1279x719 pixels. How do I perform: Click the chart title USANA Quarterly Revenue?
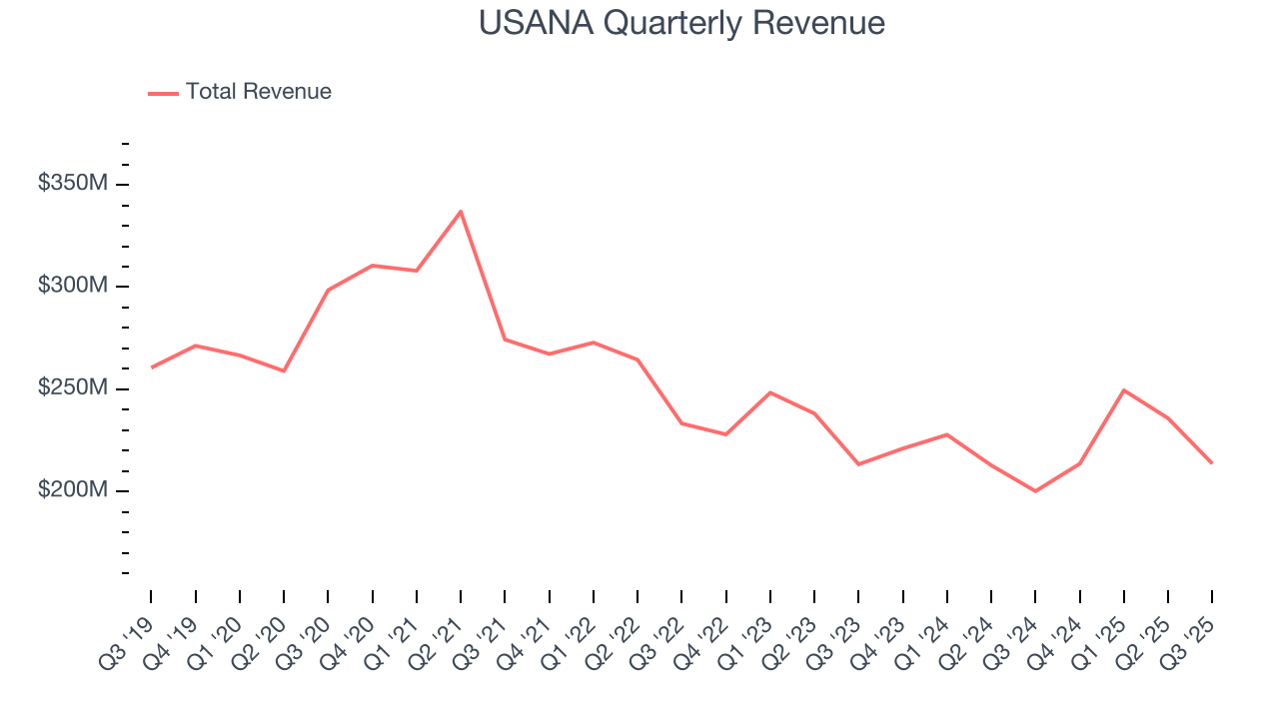(x=681, y=23)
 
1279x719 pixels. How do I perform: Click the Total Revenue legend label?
(x=258, y=92)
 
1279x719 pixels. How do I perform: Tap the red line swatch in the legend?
(x=163, y=93)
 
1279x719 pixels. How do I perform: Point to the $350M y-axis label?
(x=73, y=184)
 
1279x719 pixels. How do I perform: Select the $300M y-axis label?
(x=73, y=287)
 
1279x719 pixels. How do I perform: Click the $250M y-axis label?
(x=73, y=388)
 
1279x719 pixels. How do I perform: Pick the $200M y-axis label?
(x=73, y=491)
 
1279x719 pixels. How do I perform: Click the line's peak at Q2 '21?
(x=461, y=211)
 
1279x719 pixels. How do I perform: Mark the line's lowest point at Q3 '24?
(x=1035, y=491)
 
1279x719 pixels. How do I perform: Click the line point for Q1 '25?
(x=1124, y=390)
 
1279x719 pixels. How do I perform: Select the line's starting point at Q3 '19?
(x=151, y=367)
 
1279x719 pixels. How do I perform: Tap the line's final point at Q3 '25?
(x=1212, y=463)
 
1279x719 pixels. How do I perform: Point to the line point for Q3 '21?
(x=505, y=340)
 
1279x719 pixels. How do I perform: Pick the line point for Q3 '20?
(x=328, y=291)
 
